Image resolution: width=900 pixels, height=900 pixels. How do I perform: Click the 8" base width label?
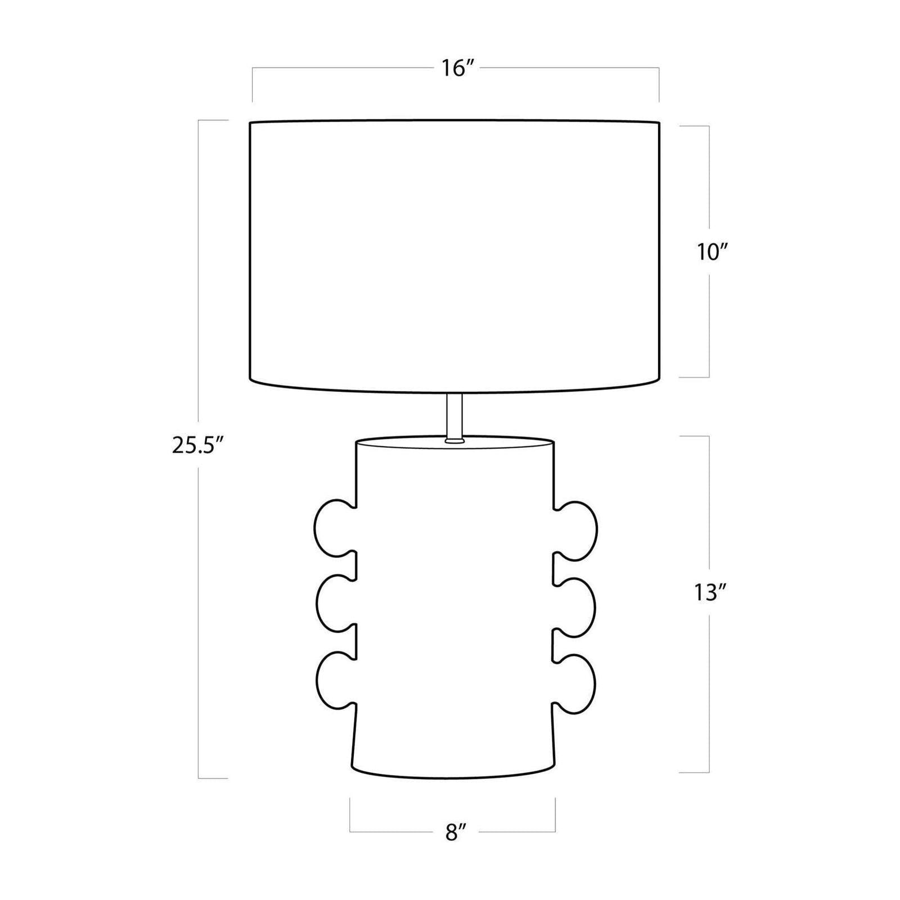coord(452,832)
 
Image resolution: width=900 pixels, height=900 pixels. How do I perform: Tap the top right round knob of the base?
coord(576,529)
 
